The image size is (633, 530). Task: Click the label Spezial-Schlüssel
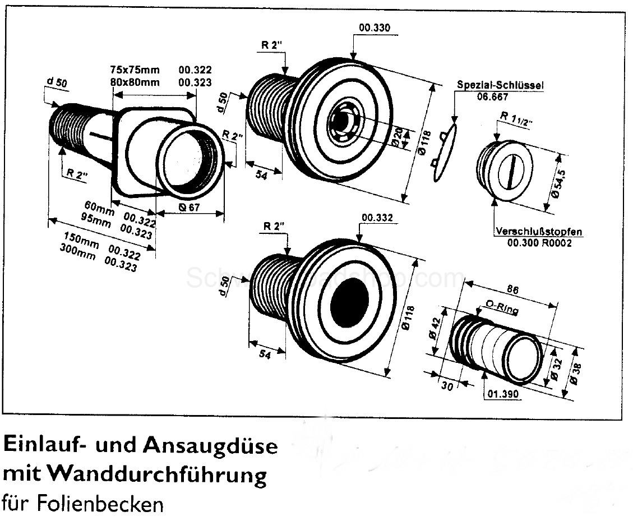coord(500,85)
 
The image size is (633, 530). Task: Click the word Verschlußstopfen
coord(538,231)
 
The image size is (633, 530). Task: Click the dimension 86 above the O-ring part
coord(512,290)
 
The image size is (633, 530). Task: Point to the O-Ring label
coord(501,308)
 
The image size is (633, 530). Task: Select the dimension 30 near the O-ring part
coord(448,385)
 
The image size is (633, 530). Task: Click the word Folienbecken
coord(102,504)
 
